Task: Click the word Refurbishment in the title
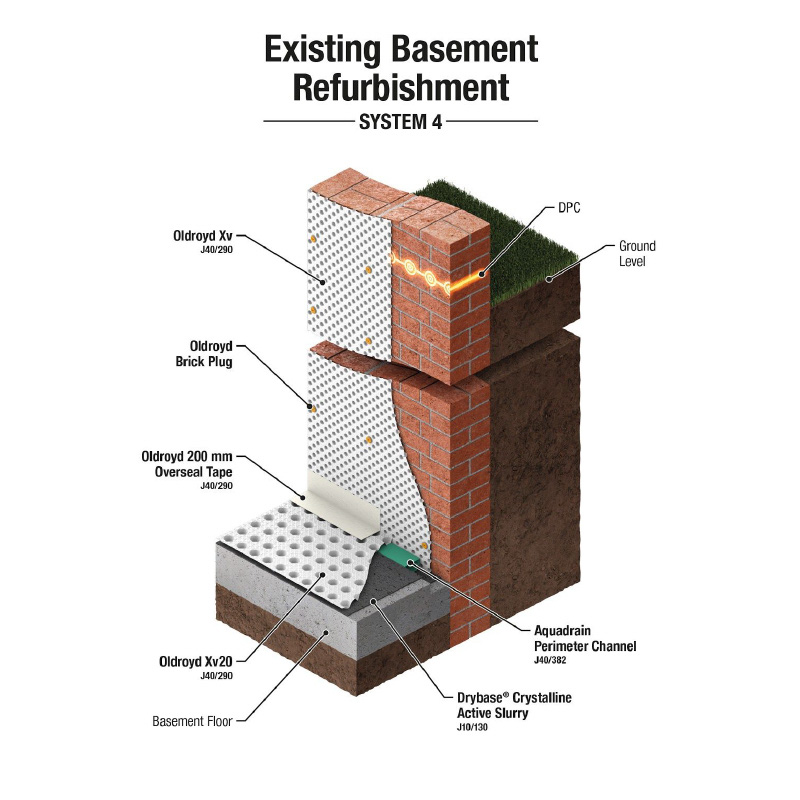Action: click(400, 87)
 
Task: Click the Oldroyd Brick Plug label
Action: click(211, 354)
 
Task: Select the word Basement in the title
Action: click(470, 48)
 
